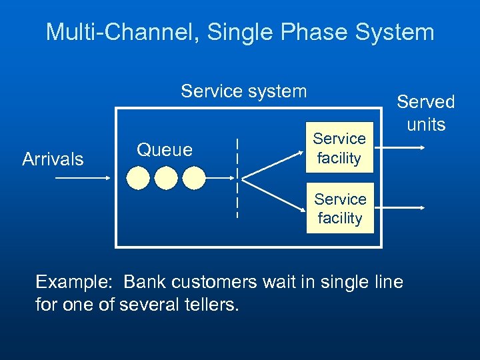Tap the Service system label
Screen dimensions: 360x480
click(x=244, y=91)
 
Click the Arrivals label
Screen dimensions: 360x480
click(x=53, y=159)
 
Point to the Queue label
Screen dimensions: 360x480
click(x=165, y=150)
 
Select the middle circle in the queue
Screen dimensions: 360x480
click(x=167, y=178)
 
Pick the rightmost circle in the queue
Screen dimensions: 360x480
click(x=194, y=178)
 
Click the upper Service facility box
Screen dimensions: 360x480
click(x=339, y=148)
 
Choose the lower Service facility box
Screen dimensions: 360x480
click(x=340, y=209)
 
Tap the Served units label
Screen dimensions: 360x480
click(x=425, y=113)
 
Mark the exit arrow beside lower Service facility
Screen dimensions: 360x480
click(x=400, y=208)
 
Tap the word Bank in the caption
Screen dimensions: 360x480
click(x=145, y=282)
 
